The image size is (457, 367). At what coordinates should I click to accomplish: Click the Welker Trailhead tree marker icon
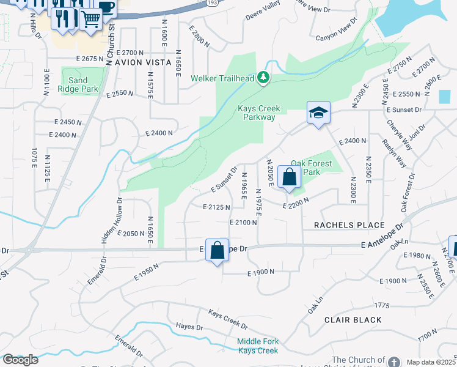click(x=263, y=78)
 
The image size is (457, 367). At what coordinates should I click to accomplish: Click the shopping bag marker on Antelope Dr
click(x=217, y=250)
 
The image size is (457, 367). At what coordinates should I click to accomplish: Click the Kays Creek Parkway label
click(x=258, y=113)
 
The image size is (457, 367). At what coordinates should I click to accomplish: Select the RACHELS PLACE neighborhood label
click(x=349, y=225)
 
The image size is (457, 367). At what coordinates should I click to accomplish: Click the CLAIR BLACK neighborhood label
click(x=353, y=320)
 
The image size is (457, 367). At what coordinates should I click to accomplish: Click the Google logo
click(x=20, y=359)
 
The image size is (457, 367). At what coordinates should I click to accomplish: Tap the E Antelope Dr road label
click(x=382, y=244)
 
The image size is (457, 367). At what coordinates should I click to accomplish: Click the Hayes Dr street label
click(x=189, y=327)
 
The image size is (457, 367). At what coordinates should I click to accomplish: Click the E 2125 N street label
click(x=216, y=207)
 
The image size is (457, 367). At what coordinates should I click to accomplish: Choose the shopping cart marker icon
click(x=91, y=18)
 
